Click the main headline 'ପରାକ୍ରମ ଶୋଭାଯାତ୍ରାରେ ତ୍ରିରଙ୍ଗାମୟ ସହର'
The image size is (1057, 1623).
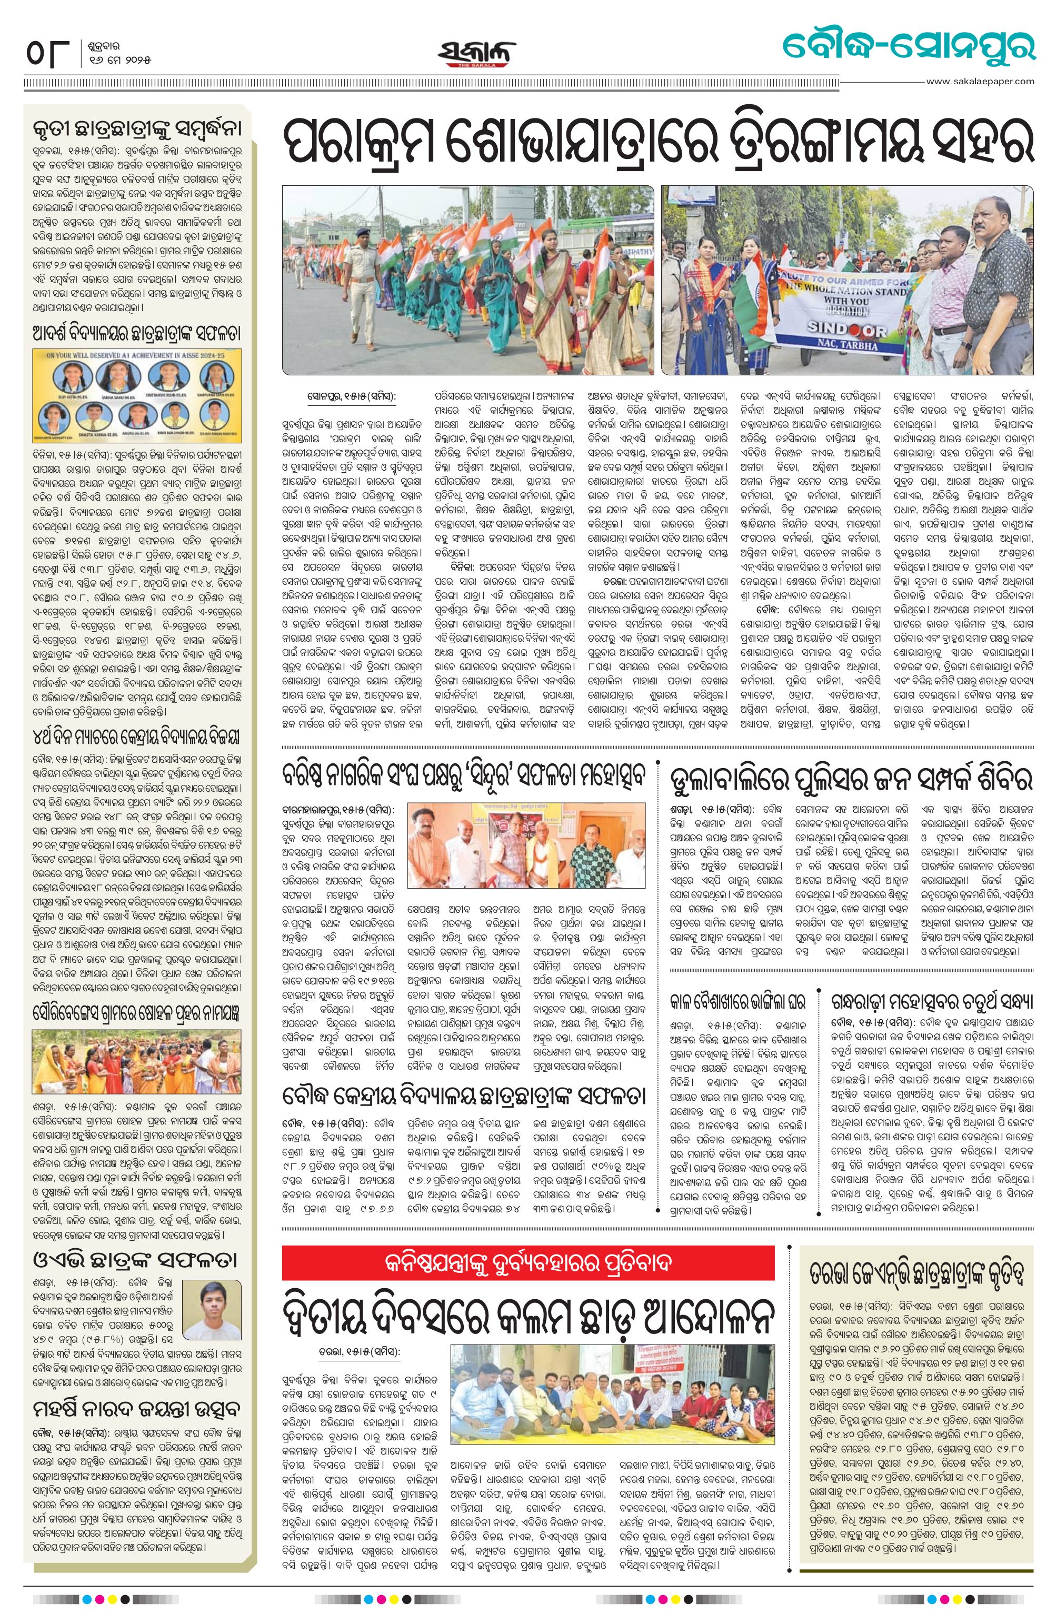tap(658, 140)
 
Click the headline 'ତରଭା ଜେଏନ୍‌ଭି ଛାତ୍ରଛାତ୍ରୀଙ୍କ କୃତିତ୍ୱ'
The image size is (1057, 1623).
tap(919, 1254)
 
